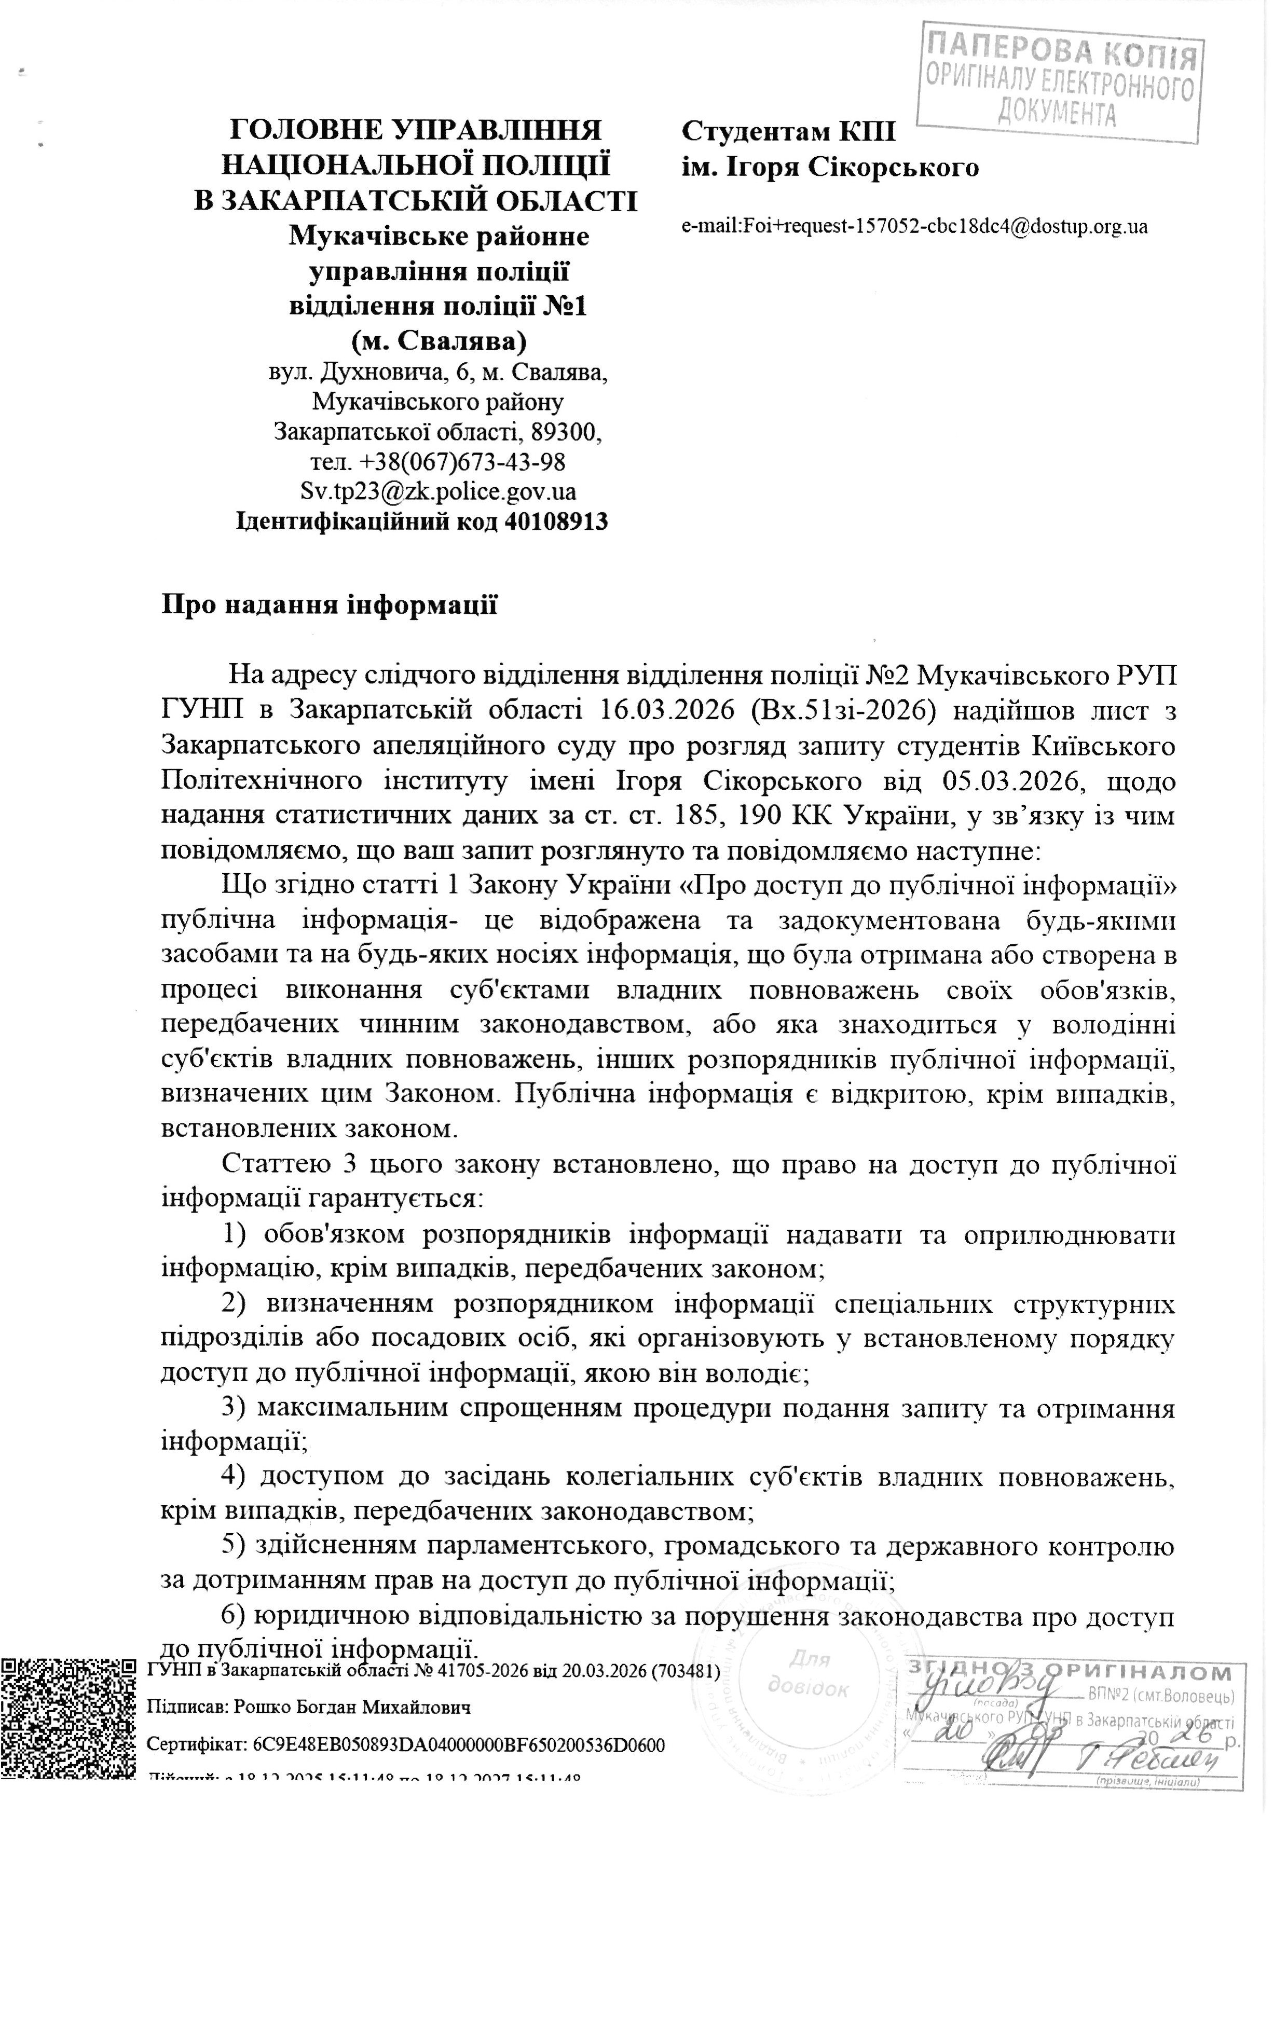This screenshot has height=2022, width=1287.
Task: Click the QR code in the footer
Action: [67, 1717]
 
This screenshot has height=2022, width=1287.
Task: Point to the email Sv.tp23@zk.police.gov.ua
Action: [437, 491]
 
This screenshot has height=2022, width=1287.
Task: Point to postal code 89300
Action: [568, 432]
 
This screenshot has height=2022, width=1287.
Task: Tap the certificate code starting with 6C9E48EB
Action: [458, 1746]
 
